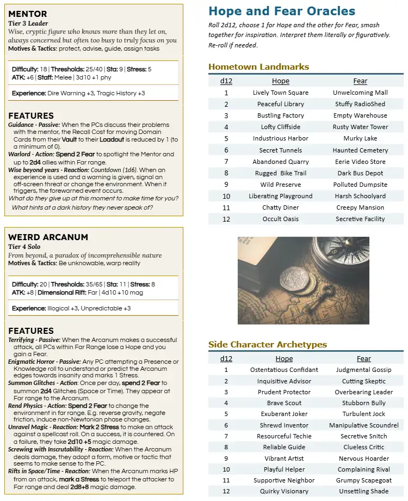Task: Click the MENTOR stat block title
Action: (28, 14)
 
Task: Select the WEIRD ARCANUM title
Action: (48, 237)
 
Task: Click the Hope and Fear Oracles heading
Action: (282, 11)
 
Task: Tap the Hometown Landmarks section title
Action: (258, 66)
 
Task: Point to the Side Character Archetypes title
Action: (268, 344)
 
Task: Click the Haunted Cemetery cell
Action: (360, 150)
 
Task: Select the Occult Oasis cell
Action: (280, 219)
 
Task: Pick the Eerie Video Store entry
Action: (360, 162)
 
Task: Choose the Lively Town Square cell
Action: (280, 93)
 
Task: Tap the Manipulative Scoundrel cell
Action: (363, 425)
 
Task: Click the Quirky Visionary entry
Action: (284, 491)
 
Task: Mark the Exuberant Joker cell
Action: (284, 414)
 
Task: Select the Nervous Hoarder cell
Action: (363, 459)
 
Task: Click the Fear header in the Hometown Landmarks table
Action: (360, 81)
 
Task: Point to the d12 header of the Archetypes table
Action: (226, 359)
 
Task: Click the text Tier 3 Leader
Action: (28, 23)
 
